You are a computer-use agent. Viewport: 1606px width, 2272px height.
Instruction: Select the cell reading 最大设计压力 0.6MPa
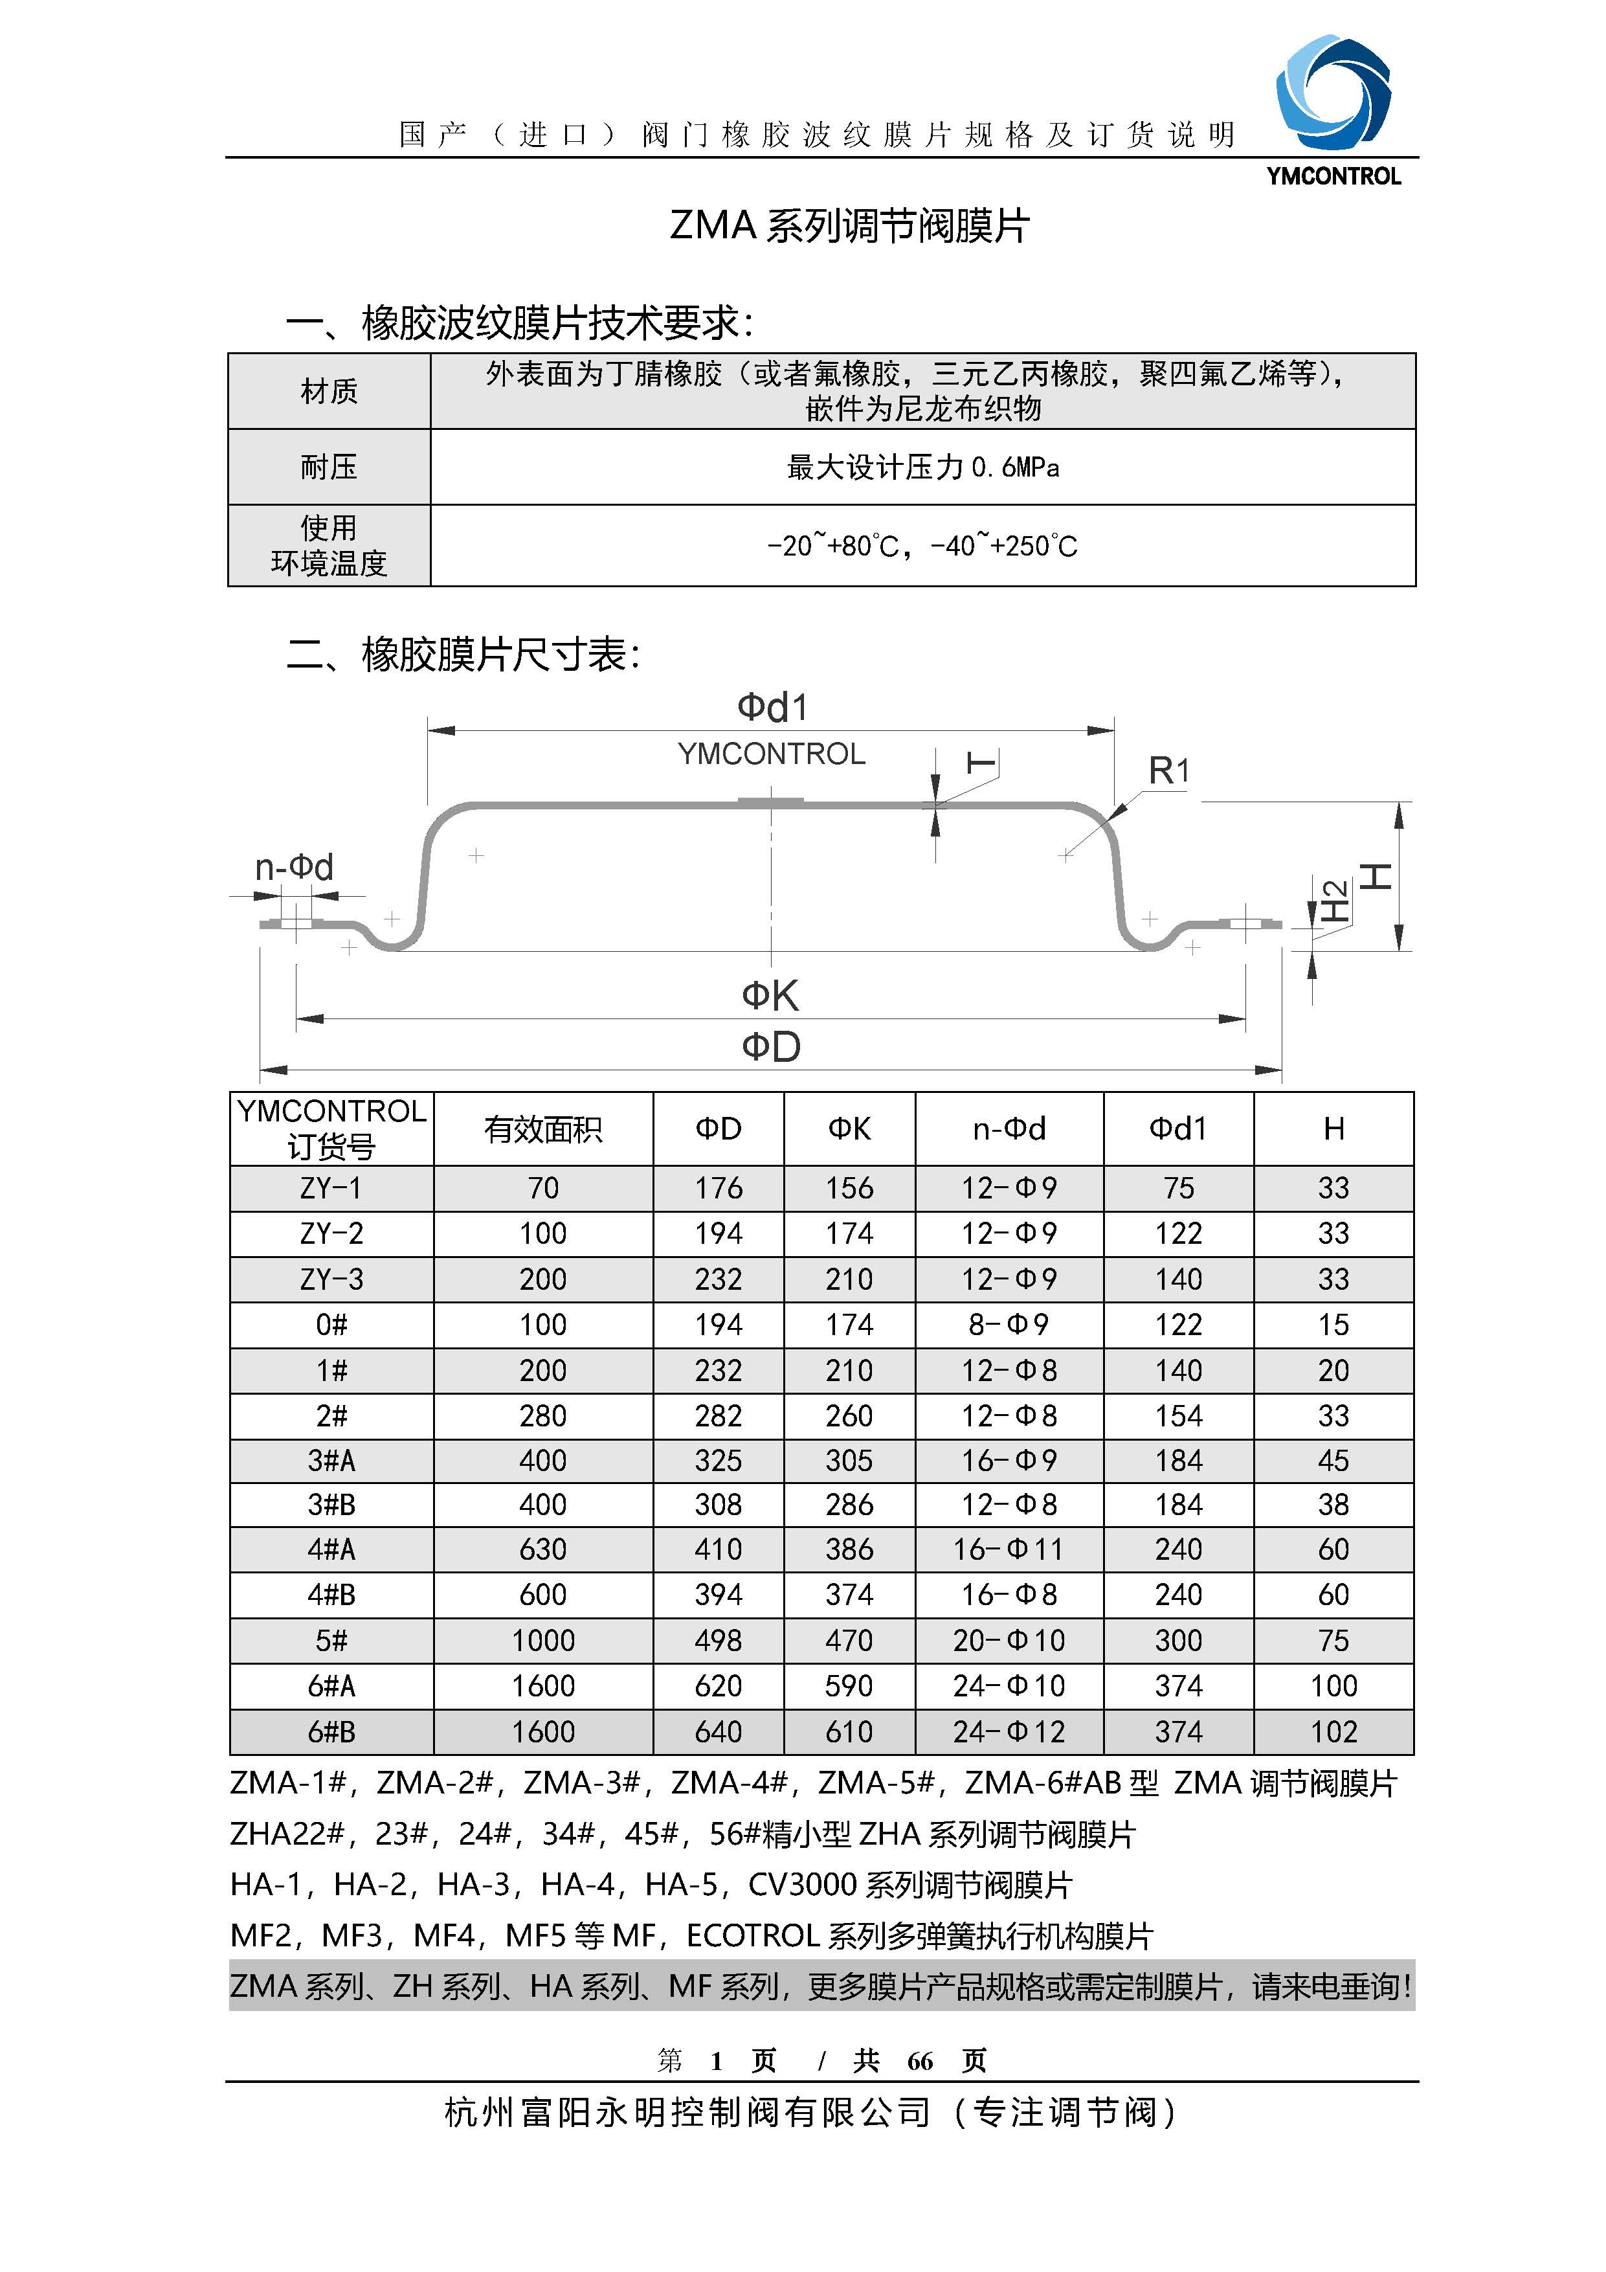coord(922,467)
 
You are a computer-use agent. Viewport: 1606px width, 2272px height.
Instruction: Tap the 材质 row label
coord(329,392)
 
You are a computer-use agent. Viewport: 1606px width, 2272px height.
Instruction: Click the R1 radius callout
coord(1168,770)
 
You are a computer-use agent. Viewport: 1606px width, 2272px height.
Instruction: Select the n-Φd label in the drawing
coord(294,868)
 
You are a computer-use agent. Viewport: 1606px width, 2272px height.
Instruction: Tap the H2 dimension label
coord(1335,901)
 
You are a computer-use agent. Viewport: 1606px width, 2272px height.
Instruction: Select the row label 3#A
coord(331,1461)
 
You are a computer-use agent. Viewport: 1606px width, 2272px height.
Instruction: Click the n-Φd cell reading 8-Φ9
coord(1009,1324)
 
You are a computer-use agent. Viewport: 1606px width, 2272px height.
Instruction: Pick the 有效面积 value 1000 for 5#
coord(542,1641)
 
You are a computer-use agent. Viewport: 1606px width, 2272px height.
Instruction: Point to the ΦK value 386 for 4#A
coord(849,1549)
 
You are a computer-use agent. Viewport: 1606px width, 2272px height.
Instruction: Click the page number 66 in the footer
coord(919,2061)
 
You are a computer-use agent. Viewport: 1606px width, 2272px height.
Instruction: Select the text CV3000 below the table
coord(801,1885)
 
